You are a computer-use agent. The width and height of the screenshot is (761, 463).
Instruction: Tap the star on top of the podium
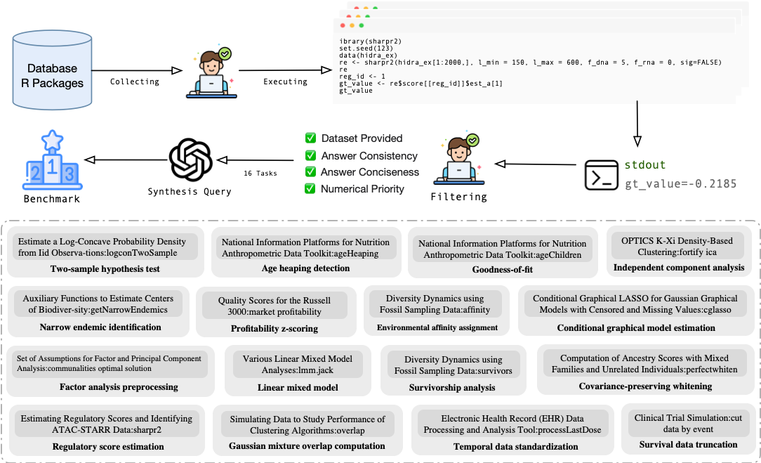[x=53, y=141]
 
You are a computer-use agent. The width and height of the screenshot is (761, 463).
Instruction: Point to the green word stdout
[x=645, y=165]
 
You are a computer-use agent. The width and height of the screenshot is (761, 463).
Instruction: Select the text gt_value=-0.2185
[x=681, y=184]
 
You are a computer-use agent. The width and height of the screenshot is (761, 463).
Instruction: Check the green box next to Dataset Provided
[x=310, y=138]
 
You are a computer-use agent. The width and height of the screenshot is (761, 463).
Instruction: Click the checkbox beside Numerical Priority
[x=310, y=188]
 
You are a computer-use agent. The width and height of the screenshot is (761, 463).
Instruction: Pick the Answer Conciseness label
[x=369, y=172]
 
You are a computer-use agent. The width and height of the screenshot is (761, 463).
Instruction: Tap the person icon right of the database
[x=211, y=70]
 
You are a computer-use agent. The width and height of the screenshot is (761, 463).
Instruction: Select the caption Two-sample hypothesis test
[x=105, y=268]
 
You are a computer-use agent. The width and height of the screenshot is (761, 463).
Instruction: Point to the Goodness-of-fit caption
[x=502, y=269]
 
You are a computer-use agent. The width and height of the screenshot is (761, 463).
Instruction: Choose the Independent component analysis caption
[x=678, y=267]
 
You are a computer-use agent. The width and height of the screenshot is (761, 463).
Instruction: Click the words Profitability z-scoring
[x=274, y=328]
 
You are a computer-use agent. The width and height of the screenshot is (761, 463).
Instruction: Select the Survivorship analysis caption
[x=452, y=387]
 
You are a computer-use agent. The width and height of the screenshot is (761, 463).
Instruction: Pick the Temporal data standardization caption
[x=512, y=445]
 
